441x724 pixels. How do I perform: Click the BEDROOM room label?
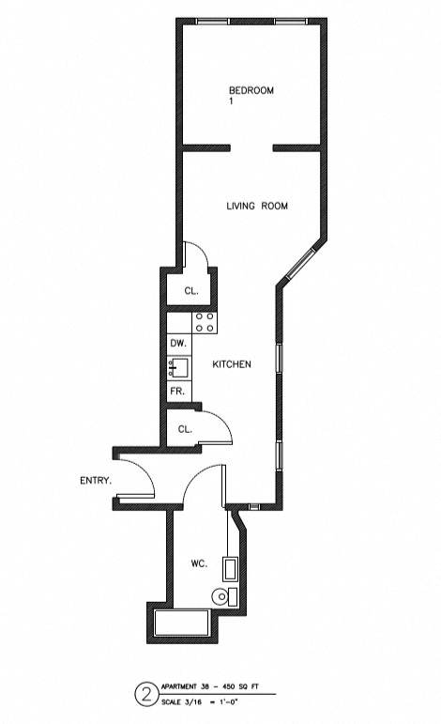point(251,90)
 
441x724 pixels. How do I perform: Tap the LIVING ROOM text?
point(256,207)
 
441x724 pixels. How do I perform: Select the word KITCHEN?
point(231,364)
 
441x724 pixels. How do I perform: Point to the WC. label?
point(199,563)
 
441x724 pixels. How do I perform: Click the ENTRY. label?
point(96,481)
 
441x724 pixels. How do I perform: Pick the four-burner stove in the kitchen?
point(205,323)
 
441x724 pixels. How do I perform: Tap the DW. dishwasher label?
point(177,345)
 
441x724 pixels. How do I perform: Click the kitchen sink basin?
point(180,367)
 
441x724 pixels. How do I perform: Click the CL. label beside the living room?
point(190,291)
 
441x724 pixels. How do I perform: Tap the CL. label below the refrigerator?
point(185,429)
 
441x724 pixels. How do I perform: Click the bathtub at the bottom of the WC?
point(182,623)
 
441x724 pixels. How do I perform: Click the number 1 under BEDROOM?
point(231,101)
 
